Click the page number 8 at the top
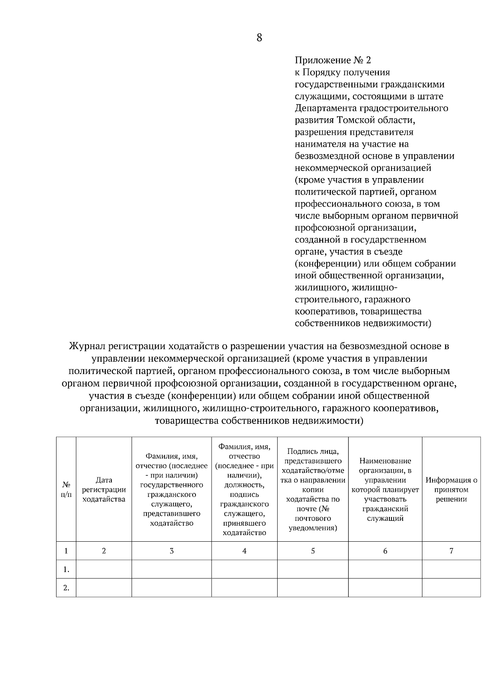click(259, 38)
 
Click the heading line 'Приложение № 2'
click(332, 60)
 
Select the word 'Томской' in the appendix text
click(355, 120)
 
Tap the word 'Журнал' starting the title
click(85, 345)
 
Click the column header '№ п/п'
click(66, 489)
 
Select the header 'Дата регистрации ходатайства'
click(104, 489)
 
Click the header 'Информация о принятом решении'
click(451, 489)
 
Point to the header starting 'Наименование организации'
click(385, 489)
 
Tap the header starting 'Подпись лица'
click(313, 489)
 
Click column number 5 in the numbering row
click(313, 551)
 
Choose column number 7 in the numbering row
click(451, 551)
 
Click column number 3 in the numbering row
click(172, 551)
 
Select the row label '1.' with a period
click(66, 569)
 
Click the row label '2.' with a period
click(66, 588)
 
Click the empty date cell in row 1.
click(104, 569)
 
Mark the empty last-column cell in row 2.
click(451, 588)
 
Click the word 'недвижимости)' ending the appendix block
click(397, 324)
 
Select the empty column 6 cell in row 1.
click(385, 569)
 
